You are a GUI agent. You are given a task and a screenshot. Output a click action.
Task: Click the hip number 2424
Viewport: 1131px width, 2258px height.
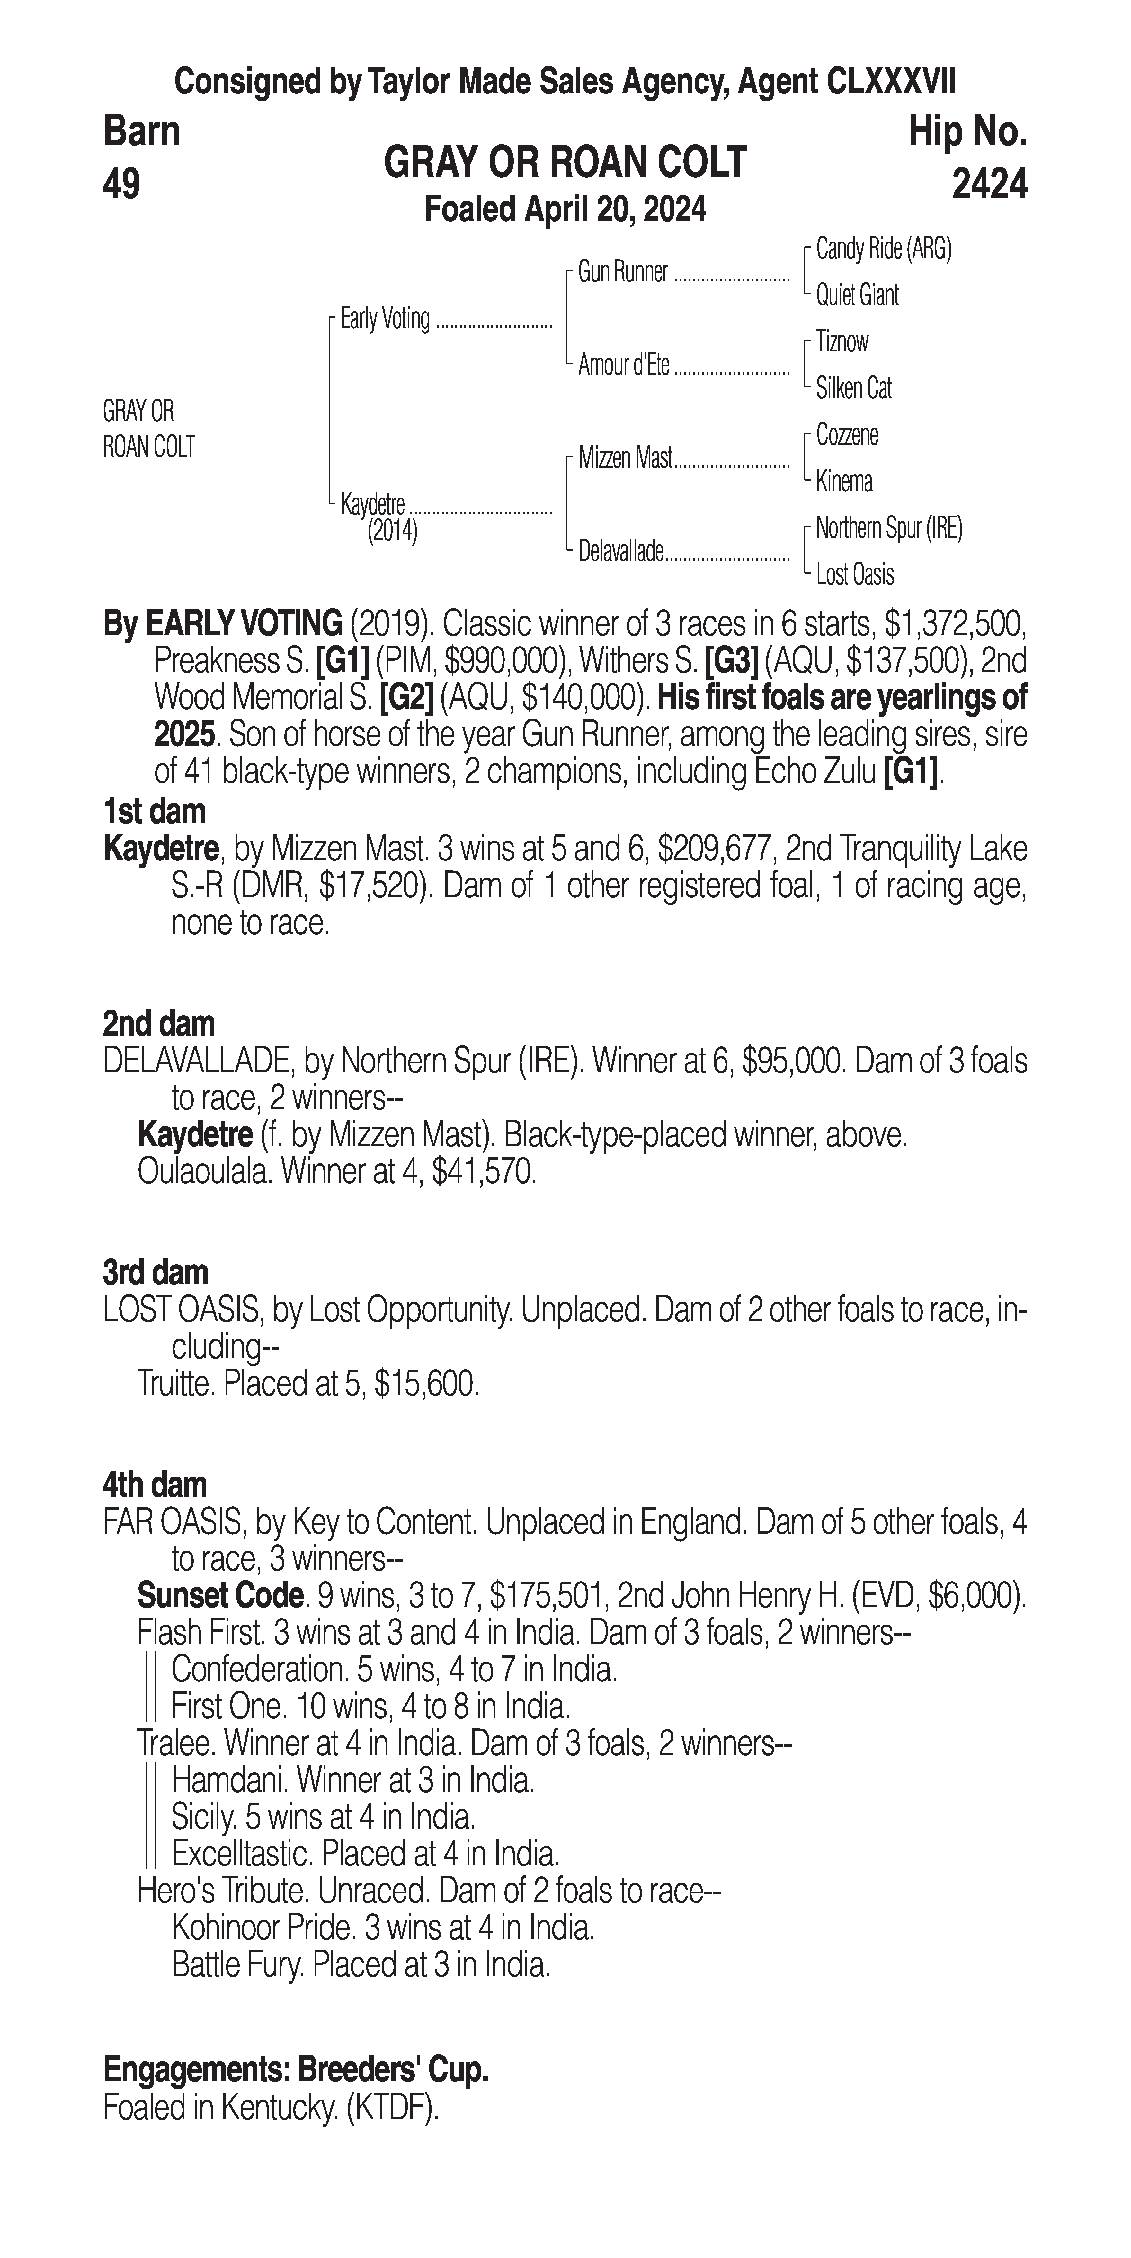(989, 184)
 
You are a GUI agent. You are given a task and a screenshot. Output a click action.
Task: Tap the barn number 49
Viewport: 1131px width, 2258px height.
(122, 184)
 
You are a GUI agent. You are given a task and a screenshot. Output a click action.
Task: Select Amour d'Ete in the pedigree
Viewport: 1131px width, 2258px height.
(623, 366)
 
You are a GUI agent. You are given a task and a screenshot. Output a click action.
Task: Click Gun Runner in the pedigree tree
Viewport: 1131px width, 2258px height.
(622, 273)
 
